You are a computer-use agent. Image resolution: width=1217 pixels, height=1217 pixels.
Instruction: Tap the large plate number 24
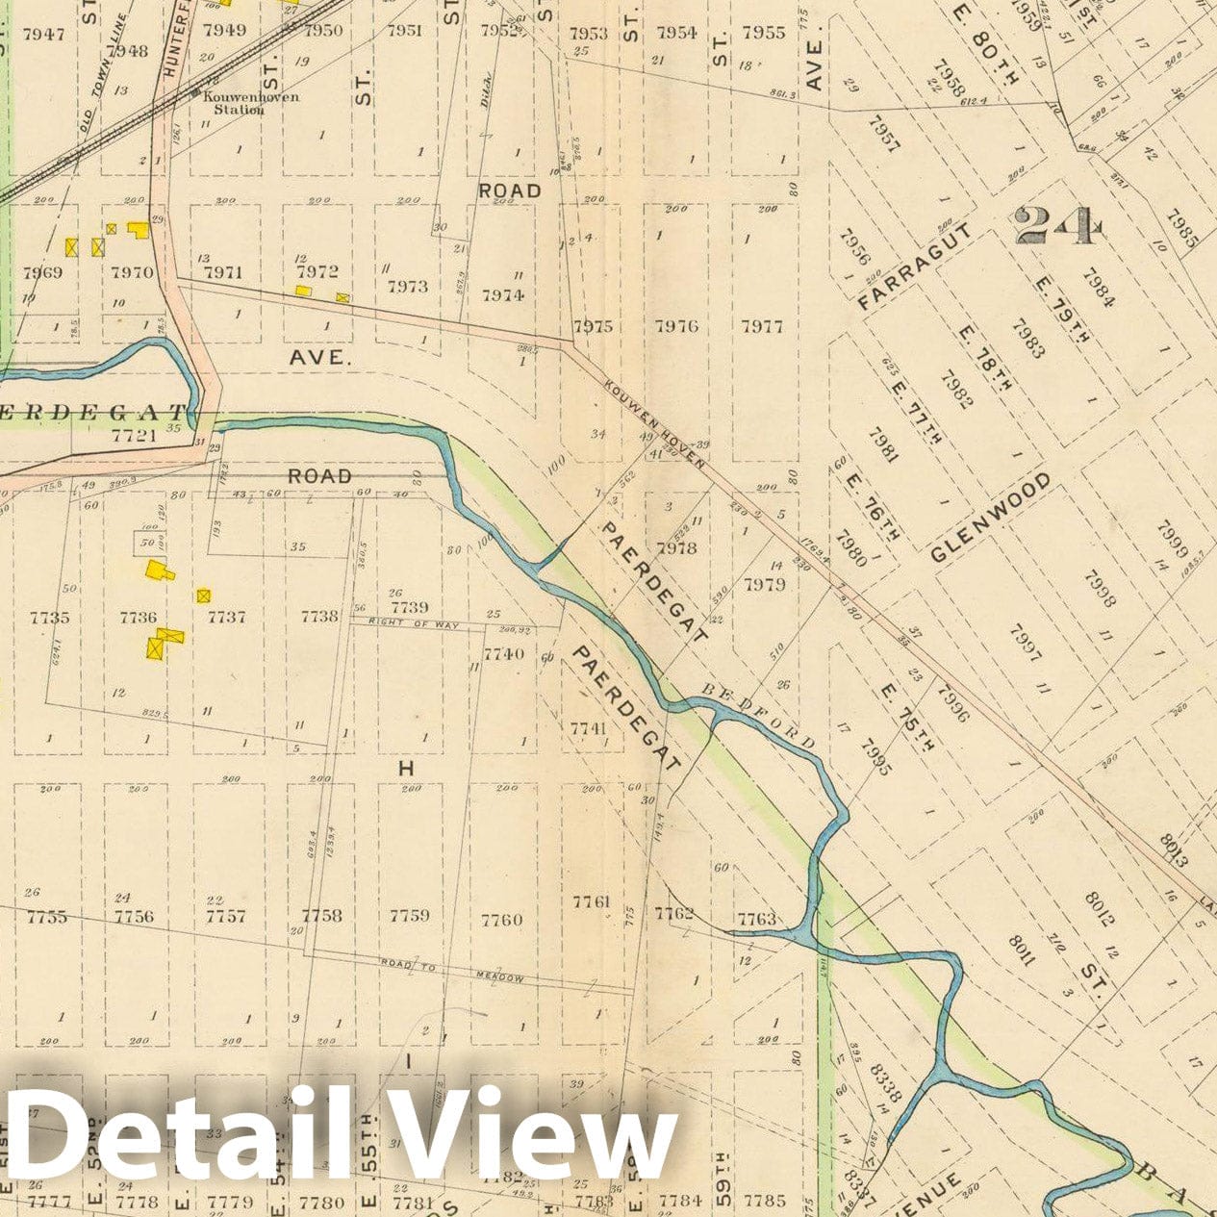(1054, 227)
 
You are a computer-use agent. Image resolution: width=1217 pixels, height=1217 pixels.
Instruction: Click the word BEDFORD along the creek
(759, 716)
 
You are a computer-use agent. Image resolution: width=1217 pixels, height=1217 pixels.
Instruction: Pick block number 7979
(764, 584)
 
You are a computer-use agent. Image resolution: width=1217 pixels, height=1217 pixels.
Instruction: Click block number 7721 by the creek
(135, 436)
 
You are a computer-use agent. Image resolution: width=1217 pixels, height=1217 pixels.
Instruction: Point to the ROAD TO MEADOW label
(452, 970)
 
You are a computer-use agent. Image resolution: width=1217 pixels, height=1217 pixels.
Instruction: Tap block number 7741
(588, 728)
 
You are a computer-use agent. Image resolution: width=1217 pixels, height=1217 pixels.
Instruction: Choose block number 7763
(755, 919)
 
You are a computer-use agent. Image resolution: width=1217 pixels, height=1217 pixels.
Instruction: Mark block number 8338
(884, 1082)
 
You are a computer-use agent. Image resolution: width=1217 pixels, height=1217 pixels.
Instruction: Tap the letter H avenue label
(405, 768)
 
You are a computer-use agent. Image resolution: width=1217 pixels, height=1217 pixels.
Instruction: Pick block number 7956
(854, 247)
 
